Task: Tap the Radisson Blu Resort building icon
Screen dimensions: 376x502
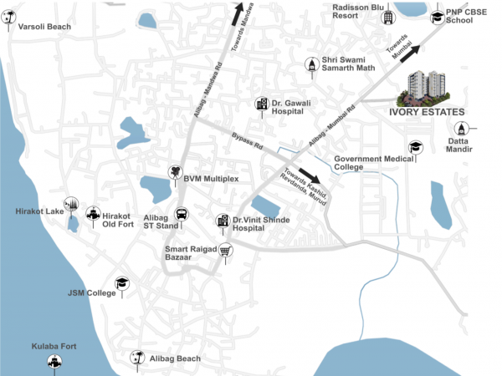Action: pyautogui.click(x=388, y=18)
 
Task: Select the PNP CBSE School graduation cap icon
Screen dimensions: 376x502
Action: pyautogui.click(x=436, y=18)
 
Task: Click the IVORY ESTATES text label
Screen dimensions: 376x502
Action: pyautogui.click(x=428, y=112)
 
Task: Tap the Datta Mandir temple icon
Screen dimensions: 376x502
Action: pyautogui.click(x=461, y=129)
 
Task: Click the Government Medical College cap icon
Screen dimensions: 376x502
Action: pyautogui.click(x=416, y=148)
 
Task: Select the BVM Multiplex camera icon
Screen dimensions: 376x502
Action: pyautogui.click(x=176, y=172)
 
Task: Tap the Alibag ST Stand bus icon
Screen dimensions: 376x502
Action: pyautogui.click(x=180, y=213)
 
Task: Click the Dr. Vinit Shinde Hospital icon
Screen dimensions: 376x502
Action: pyautogui.click(x=223, y=221)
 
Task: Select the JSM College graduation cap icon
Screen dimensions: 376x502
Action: pyautogui.click(x=121, y=284)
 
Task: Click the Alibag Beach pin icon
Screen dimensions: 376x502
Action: pyautogui.click(x=138, y=358)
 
